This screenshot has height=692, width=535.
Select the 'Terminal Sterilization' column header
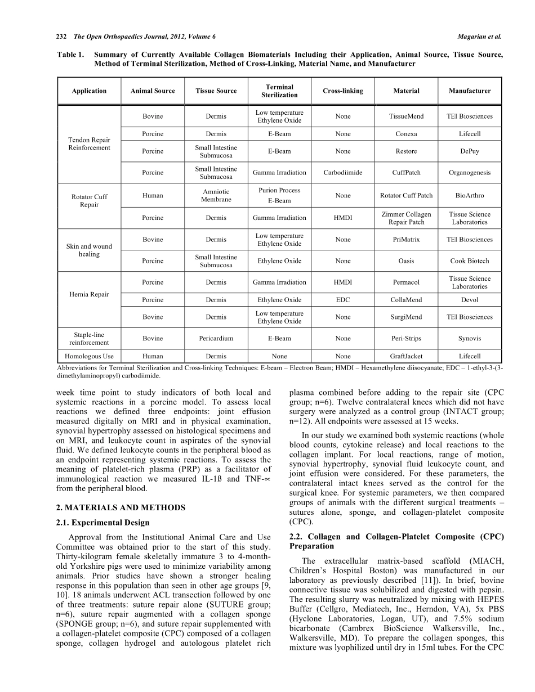[x=279, y=91]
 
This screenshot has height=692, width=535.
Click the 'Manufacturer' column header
[x=469, y=91]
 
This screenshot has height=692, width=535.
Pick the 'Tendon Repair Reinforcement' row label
[x=89, y=143]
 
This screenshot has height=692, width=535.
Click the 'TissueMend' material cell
[x=406, y=116]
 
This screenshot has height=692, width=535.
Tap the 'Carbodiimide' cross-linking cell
[x=342, y=173]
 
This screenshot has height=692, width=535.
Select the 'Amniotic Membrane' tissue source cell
[x=216, y=196]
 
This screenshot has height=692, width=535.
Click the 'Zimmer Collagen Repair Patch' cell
[x=406, y=218]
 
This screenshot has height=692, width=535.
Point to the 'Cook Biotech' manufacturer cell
[x=469, y=261]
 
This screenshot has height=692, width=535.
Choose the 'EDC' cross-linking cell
[x=342, y=300]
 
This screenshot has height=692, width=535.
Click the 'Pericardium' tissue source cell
[x=216, y=339]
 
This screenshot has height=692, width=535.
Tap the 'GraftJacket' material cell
[x=406, y=356]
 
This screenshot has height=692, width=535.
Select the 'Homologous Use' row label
[x=89, y=356]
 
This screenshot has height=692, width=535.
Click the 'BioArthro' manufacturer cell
[x=469, y=196]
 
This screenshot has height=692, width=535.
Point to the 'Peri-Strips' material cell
[x=406, y=339]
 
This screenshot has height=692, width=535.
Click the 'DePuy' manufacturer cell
[x=469, y=151]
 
